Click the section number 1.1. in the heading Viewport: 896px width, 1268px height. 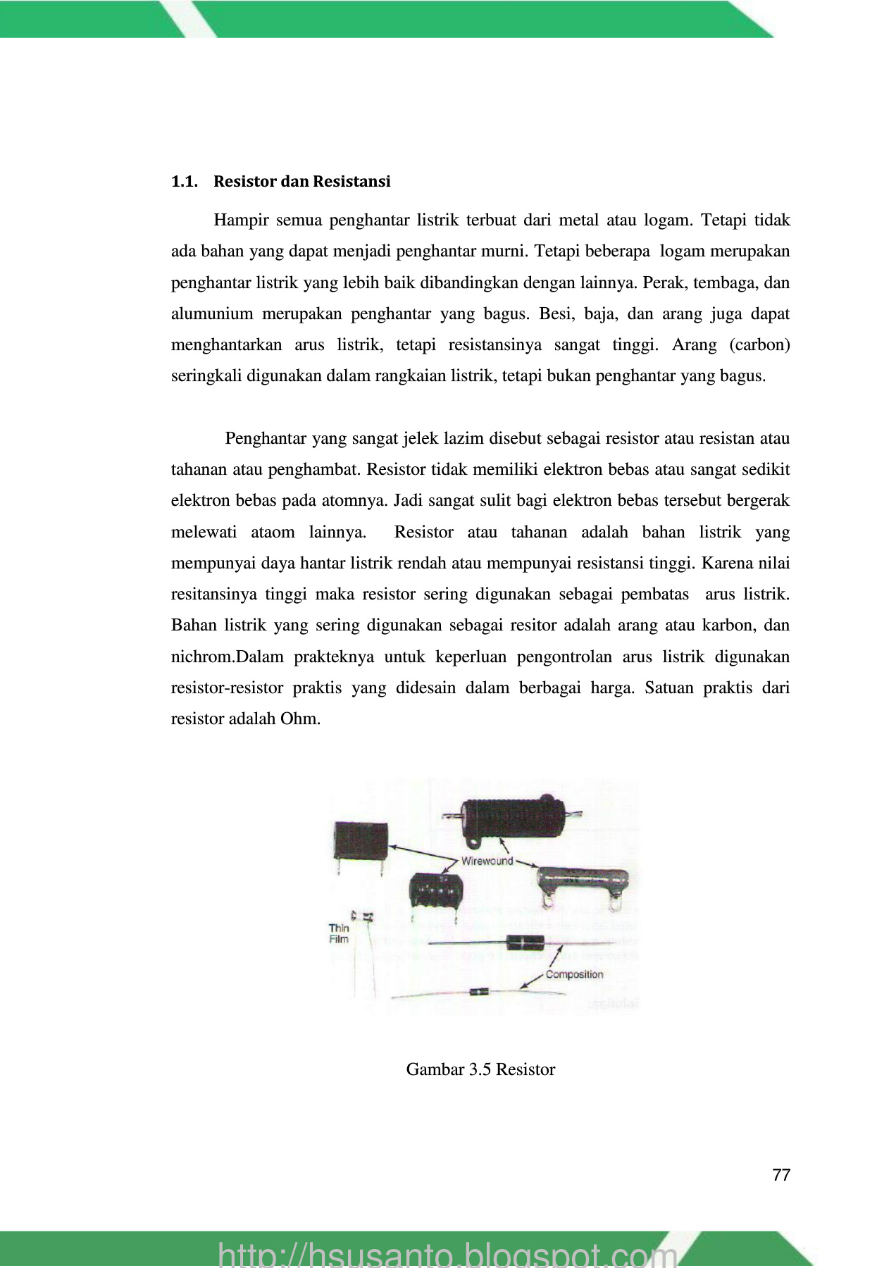184,182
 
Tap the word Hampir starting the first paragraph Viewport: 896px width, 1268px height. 242,220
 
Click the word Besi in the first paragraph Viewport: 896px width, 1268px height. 555,314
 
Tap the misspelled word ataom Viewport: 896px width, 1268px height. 273,533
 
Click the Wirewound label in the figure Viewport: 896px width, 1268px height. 487,861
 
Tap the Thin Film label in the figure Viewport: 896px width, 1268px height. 339,933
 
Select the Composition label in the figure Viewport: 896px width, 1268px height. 574,975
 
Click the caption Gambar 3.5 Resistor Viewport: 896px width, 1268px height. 480,1069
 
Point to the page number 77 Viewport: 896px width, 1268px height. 781,1175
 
